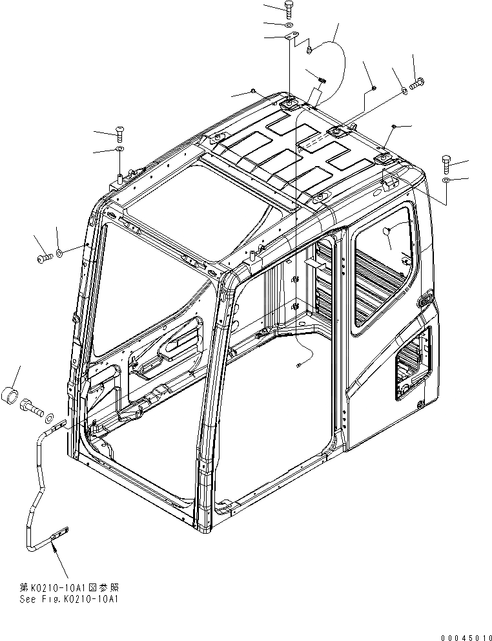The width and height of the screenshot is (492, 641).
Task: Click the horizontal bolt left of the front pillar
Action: (44, 258)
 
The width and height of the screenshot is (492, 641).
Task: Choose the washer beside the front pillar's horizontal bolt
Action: (59, 252)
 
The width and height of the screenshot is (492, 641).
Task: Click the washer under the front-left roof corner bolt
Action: (120, 150)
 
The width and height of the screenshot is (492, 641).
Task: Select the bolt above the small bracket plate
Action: (289, 8)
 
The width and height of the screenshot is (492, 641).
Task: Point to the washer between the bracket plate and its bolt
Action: (289, 25)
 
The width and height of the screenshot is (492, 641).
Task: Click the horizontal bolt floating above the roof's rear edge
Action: (415, 83)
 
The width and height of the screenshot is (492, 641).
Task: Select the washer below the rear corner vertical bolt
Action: (447, 178)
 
